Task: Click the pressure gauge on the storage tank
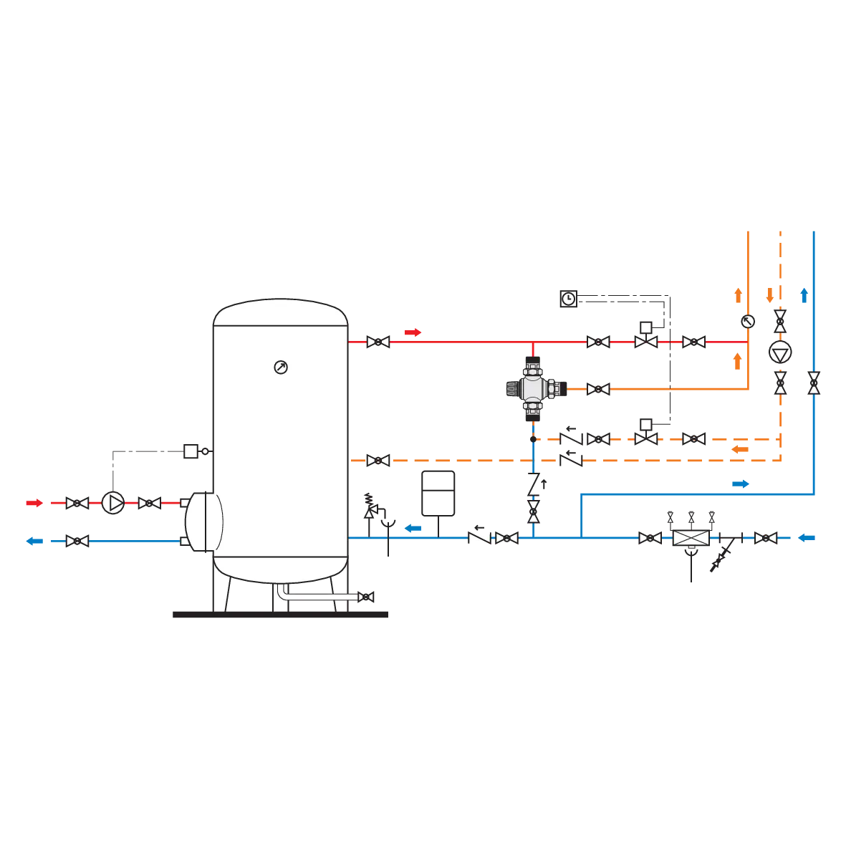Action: click(281, 367)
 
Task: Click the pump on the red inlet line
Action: click(112, 502)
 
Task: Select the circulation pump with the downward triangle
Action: click(779, 352)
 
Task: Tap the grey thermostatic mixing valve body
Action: click(533, 388)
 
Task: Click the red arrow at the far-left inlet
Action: click(34, 503)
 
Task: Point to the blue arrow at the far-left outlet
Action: click(31, 542)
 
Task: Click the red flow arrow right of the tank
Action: click(412, 332)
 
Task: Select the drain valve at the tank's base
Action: click(367, 597)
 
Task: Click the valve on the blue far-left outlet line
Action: click(77, 542)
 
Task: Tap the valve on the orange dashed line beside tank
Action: click(378, 460)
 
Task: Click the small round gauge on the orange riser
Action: click(747, 322)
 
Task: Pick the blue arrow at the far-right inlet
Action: click(807, 537)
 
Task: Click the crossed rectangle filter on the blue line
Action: click(691, 538)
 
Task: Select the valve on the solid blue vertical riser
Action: click(814, 382)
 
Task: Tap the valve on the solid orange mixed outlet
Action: click(597, 389)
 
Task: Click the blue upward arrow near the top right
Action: click(804, 293)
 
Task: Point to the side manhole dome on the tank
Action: click(202, 521)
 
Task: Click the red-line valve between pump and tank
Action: click(149, 503)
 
